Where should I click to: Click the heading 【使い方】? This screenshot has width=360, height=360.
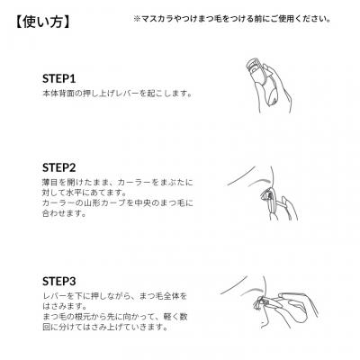pyautogui.click(x=42, y=22)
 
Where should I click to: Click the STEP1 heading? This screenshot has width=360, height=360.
pyautogui.click(x=58, y=79)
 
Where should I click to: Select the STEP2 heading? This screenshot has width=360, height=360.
pyautogui.click(x=58, y=167)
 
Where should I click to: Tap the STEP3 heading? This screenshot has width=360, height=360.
pyautogui.click(x=58, y=282)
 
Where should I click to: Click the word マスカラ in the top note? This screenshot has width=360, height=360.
pyautogui.click(x=158, y=19)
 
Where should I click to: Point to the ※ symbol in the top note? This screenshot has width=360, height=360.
pyautogui.click(x=137, y=19)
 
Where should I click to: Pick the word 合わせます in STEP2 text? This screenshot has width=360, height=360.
pyautogui.click(x=65, y=213)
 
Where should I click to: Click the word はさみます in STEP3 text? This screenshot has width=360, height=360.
pyautogui.click(x=65, y=307)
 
